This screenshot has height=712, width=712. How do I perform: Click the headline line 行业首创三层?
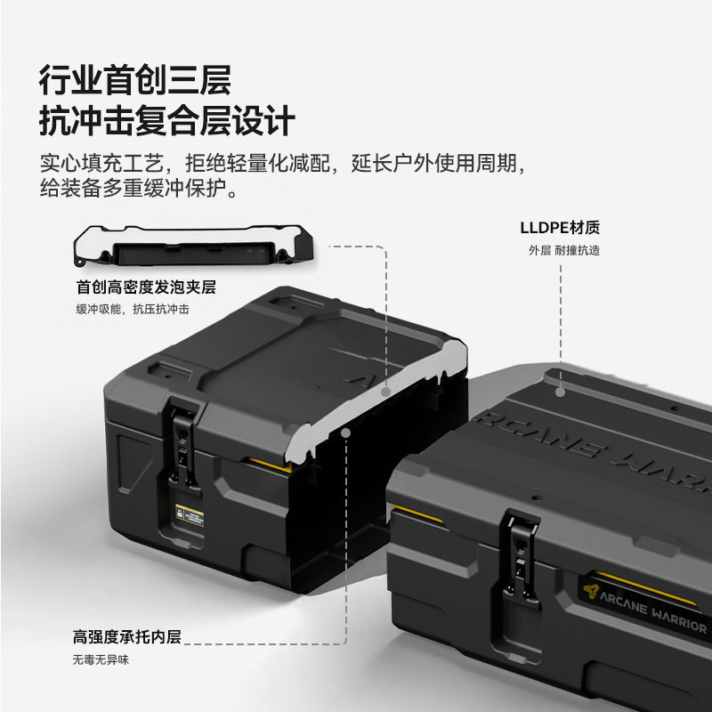[x=135, y=80]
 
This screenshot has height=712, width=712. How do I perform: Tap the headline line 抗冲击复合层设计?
[x=167, y=121]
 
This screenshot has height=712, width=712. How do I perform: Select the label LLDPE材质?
[x=560, y=228]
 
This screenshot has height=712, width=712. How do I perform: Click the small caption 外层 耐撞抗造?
[x=564, y=250]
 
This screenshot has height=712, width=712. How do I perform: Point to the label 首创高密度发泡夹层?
[x=146, y=287]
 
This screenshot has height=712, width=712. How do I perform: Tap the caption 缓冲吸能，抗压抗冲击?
[x=132, y=309]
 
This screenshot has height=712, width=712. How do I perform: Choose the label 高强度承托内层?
[x=127, y=636]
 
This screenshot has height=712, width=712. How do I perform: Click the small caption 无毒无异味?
[x=101, y=659]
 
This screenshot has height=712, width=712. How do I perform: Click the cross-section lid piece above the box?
[x=193, y=246]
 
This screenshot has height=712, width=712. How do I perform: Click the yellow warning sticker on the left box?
[x=190, y=516]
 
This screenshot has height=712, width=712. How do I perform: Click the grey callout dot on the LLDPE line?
[x=561, y=392]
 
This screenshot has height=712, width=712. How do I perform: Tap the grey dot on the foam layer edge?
[x=386, y=392]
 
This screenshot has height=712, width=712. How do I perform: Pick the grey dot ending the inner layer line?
[x=346, y=433]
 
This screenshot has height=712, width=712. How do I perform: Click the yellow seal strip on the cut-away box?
[x=271, y=464]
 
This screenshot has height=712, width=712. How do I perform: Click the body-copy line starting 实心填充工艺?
[x=283, y=163]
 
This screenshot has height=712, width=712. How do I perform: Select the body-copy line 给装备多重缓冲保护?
[x=139, y=188]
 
